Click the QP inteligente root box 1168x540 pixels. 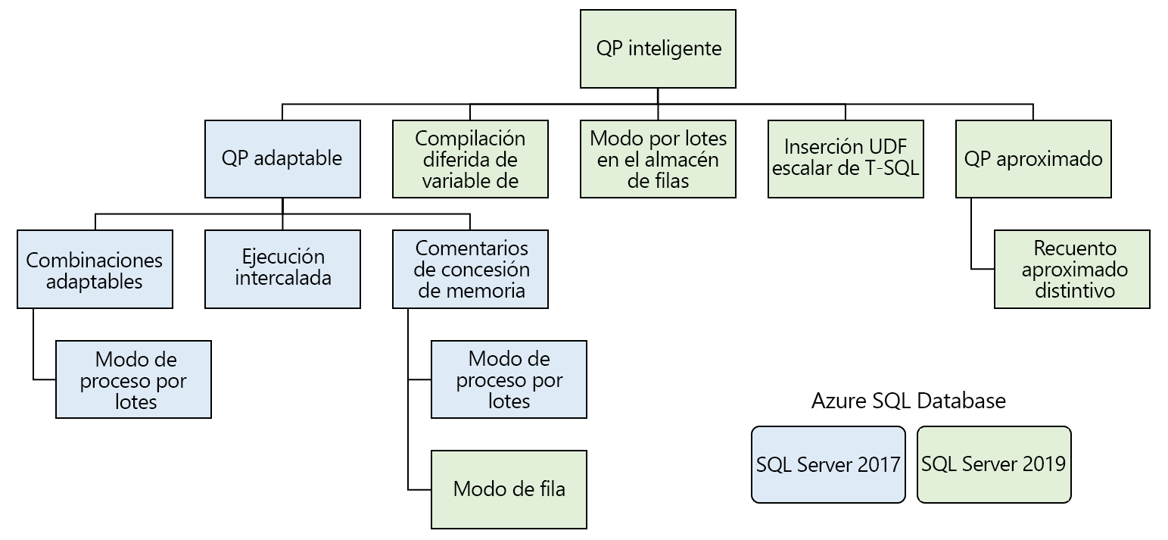[658, 48]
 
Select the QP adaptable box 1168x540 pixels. [282, 159]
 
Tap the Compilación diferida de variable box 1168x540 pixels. [470, 159]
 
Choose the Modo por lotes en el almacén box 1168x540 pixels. [658, 159]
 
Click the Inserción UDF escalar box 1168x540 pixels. [846, 159]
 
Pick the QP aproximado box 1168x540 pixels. [1033, 159]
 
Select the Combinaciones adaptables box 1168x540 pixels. [95, 270]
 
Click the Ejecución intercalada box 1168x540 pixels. [282, 270]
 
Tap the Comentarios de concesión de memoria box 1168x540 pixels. [470, 270]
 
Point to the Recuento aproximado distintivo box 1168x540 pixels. [1072, 270]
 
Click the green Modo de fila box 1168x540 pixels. [509, 489]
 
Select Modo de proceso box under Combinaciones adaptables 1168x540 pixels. [133, 379]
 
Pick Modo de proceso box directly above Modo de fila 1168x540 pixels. [509, 379]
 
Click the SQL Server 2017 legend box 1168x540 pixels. [828, 464]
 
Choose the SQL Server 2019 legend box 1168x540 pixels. [994, 464]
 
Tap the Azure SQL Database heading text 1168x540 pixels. [908, 401]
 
